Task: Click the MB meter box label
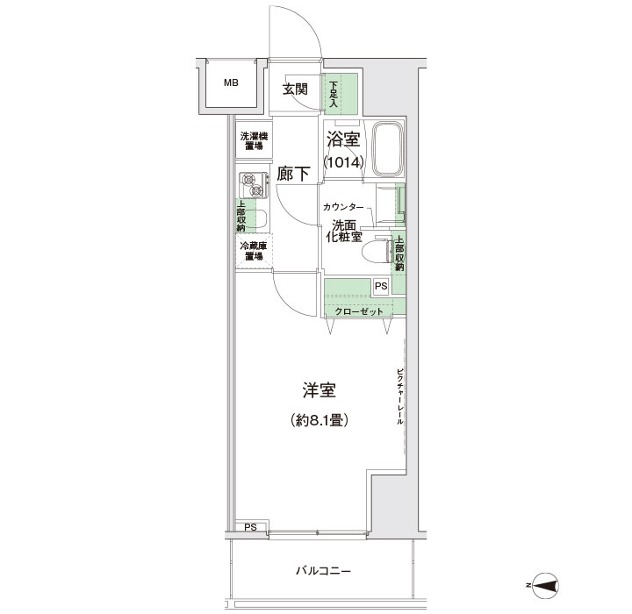tap(231, 83)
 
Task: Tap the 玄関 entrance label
tap(295, 89)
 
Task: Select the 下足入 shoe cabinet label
tap(334, 95)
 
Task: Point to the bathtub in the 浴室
tap(387, 150)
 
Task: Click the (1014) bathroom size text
tap(344, 162)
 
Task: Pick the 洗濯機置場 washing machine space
tap(254, 140)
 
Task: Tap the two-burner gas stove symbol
tap(254, 185)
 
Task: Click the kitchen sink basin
tap(259, 218)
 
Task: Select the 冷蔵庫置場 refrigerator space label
tap(254, 251)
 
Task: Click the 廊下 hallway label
tap(293, 174)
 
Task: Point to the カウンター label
tap(343, 208)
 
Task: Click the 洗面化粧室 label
tap(344, 231)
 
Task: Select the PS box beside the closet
tap(381, 286)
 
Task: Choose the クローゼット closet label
tap(359, 311)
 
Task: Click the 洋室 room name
tap(320, 390)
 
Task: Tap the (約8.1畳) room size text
tap(320, 421)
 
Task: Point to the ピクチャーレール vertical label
tap(400, 396)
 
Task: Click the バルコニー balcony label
tap(324, 570)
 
